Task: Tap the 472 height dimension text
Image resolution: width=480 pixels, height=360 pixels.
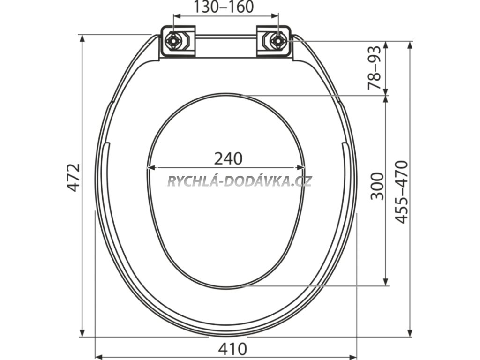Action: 74,178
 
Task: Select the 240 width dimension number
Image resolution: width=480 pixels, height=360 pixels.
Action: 228,158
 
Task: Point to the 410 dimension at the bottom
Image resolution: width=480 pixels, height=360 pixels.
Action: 232,349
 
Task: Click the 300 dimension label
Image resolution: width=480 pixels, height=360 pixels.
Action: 377,186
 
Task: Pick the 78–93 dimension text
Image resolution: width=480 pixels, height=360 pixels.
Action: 375,67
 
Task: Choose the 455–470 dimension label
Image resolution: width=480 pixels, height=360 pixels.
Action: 401,192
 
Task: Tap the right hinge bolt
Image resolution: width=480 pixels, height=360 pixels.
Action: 278,41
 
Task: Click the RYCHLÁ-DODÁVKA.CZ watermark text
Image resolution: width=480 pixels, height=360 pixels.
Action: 240,181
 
